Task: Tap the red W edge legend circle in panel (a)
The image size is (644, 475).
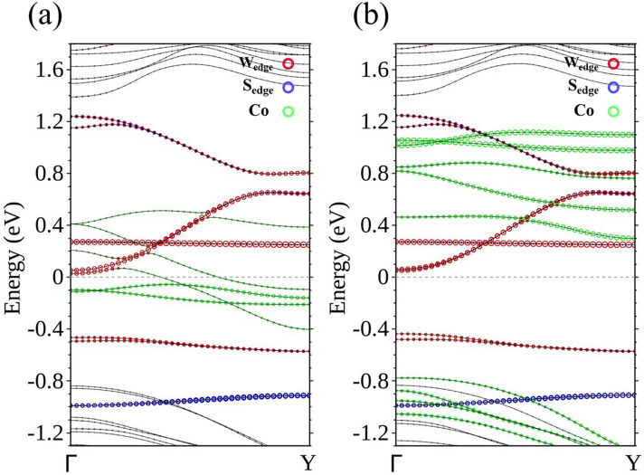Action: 289,63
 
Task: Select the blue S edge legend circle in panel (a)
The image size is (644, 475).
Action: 289,88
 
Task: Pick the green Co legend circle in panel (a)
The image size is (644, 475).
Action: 289,112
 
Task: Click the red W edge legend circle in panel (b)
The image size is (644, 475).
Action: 611,63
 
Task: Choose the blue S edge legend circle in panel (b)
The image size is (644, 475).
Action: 611,88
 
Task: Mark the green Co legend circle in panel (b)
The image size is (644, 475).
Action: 611,112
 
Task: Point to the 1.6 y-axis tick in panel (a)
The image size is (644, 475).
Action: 50,68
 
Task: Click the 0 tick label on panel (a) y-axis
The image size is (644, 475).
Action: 57,277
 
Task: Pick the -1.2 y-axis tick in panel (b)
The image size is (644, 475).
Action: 369,433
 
